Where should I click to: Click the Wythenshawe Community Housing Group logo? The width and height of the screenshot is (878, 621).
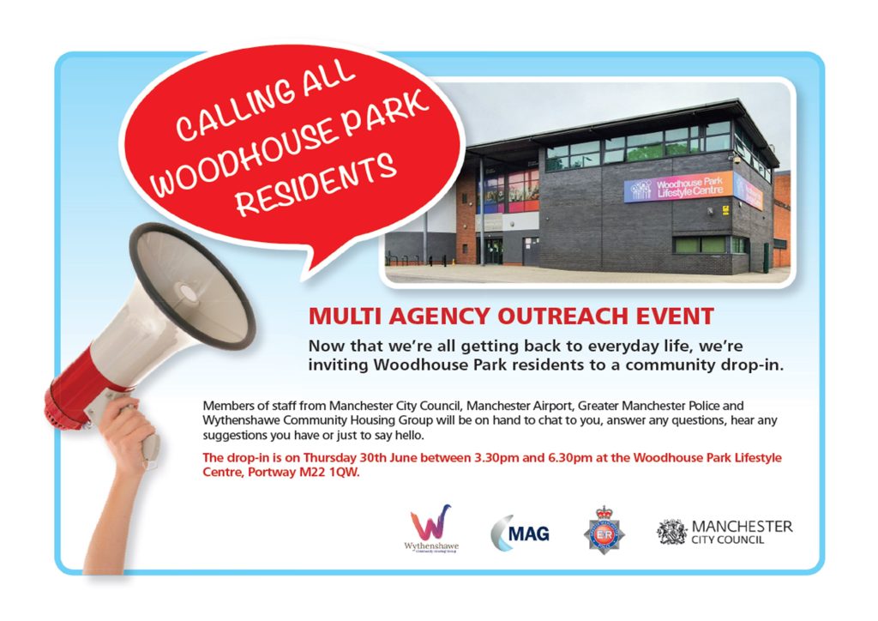pos(431,528)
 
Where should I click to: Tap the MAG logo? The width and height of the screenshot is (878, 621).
pos(520,533)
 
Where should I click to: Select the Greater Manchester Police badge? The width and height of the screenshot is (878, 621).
pos(604,530)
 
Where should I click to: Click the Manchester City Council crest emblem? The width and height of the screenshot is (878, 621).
pos(672,532)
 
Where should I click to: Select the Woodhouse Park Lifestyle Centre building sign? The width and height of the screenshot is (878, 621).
pos(679,187)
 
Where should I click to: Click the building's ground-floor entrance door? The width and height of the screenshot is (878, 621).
pos(494,250)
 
